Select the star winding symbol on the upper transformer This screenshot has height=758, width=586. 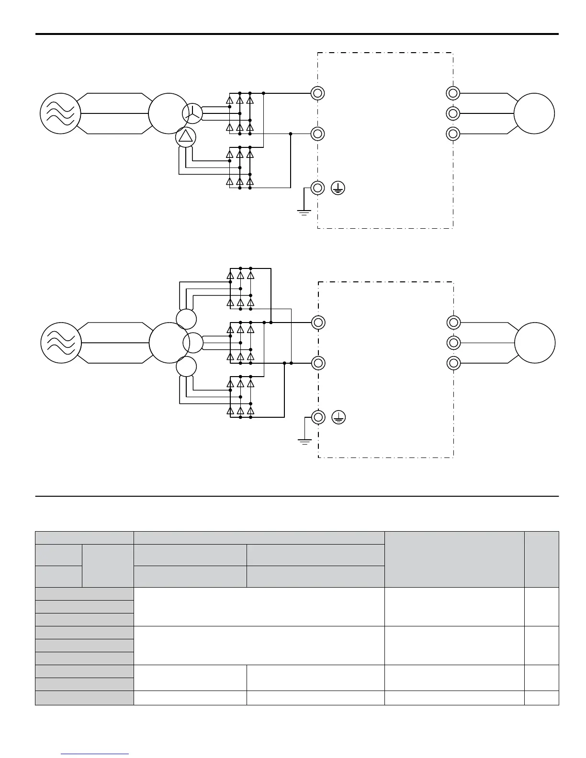pyautogui.click(x=192, y=113)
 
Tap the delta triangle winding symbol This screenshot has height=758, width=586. pyautogui.click(x=186, y=138)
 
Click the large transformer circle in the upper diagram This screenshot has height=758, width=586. pyautogui.click(x=168, y=113)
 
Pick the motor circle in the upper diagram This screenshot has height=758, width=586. pyautogui.click(x=534, y=114)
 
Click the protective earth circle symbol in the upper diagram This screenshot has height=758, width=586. pyautogui.click(x=338, y=188)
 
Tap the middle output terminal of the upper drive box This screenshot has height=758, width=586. pyautogui.click(x=453, y=113)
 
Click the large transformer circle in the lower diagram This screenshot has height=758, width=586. pyautogui.click(x=168, y=343)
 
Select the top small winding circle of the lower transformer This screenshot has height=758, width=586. pyautogui.click(x=186, y=319)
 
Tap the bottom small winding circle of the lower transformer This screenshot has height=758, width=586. pyautogui.click(x=186, y=367)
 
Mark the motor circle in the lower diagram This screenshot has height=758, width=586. pyautogui.click(x=535, y=343)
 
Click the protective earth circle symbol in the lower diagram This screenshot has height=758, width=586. pyautogui.click(x=338, y=418)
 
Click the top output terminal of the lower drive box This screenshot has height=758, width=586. pyautogui.click(x=453, y=323)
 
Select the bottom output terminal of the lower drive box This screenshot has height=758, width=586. pyautogui.click(x=453, y=363)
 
